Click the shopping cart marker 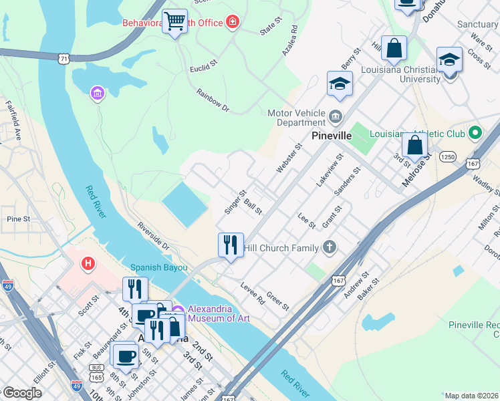(175, 21)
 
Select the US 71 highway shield (64, 59)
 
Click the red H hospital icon (88, 264)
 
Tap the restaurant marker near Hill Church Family (231, 245)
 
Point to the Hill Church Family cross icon (328, 248)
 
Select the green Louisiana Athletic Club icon (475, 133)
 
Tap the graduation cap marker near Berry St (340, 84)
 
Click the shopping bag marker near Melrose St (414, 145)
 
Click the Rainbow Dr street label (213, 100)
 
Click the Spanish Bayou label (158, 267)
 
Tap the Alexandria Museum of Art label (219, 313)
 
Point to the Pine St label (17, 219)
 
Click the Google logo (22, 393)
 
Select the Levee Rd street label (253, 293)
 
